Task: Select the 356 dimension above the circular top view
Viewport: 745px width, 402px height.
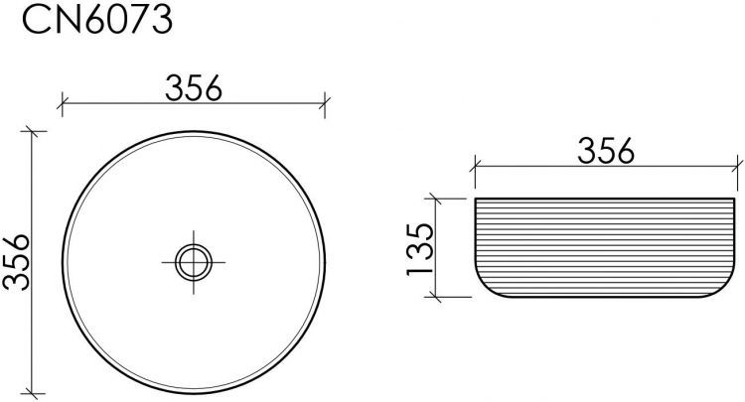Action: [193, 87]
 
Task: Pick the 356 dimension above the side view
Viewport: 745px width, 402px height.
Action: [605, 150]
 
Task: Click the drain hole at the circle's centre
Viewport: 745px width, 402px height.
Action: [193, 262]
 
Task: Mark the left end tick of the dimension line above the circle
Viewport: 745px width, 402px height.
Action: [62, 100]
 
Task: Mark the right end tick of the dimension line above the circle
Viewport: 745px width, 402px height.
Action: [325, 100]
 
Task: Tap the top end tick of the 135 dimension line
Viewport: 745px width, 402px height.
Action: [435, 199]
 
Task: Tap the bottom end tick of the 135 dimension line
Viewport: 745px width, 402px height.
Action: [435, 296]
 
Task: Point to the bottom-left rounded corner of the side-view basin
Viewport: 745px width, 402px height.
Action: [484, 287]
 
